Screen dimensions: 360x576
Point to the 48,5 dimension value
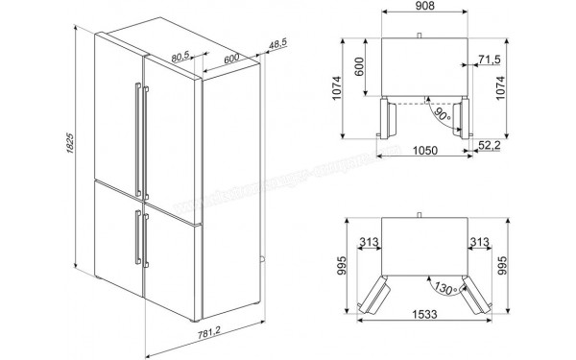[278, 44]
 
